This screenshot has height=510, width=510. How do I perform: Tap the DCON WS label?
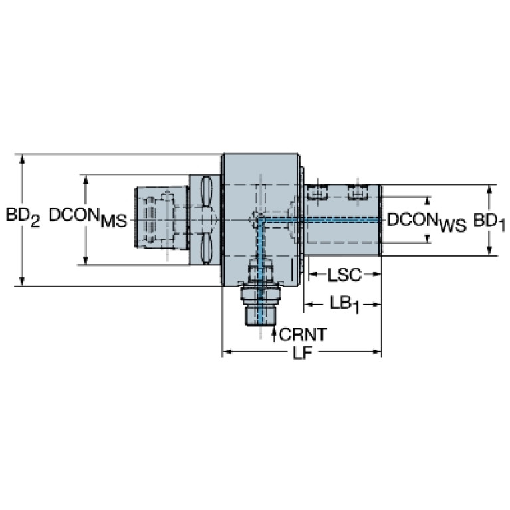(427, 221)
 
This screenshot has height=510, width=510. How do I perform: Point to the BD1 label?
(489, 222)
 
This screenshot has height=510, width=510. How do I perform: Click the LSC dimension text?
(344, 274)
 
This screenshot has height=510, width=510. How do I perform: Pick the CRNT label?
(303, 332)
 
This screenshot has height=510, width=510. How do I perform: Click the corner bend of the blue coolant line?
(260, 219)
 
